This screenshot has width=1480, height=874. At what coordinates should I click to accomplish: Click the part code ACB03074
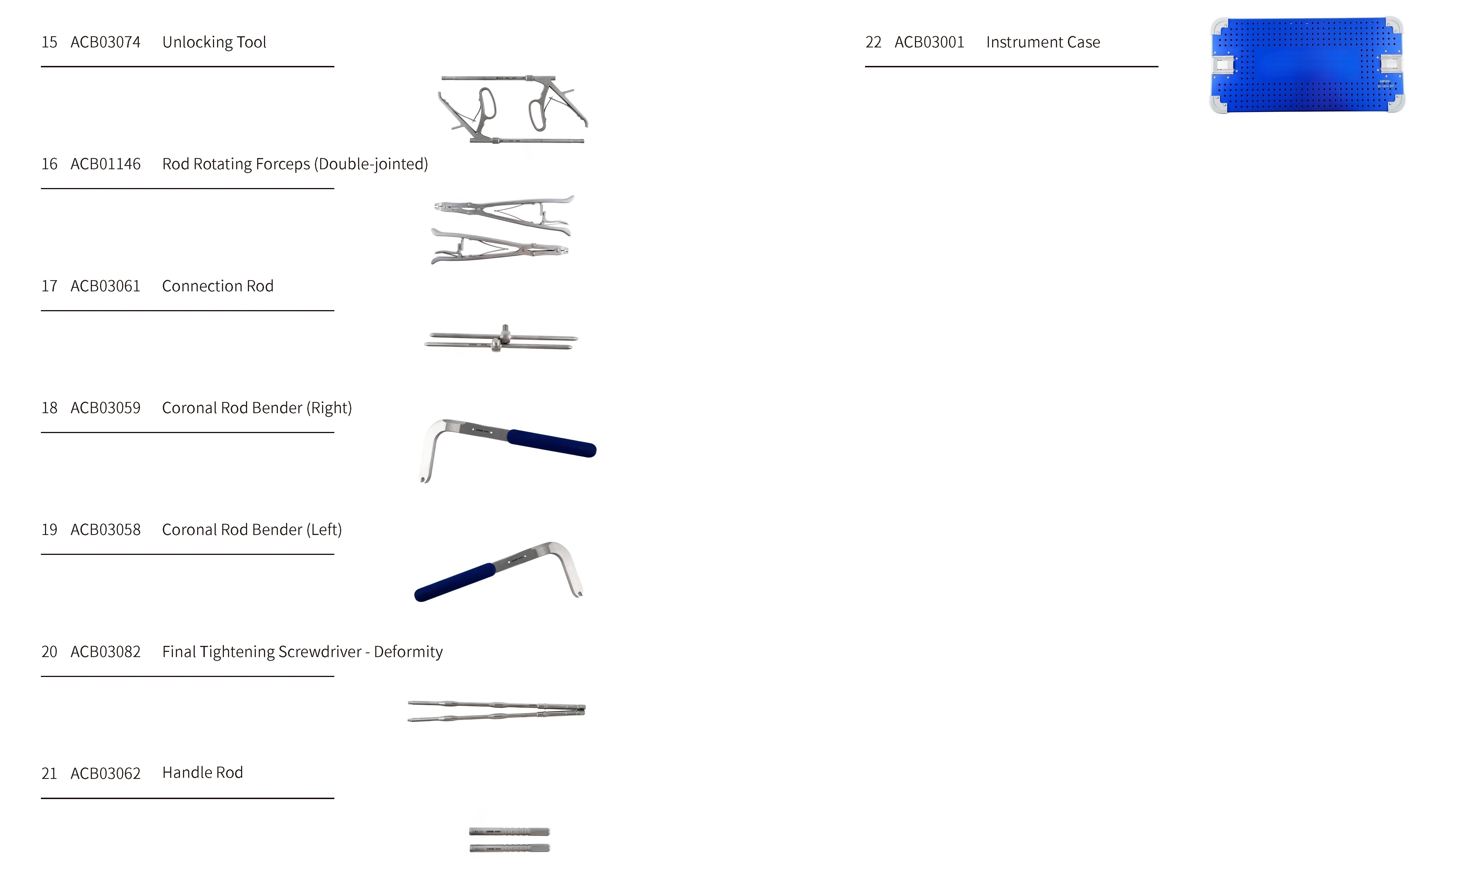[x=106, y=43]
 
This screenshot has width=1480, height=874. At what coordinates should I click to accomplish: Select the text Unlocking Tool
[x=214, y=43]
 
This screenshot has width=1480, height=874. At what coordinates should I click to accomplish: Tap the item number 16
[x=49, y=164]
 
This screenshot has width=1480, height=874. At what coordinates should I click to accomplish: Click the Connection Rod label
[x=217, y=286]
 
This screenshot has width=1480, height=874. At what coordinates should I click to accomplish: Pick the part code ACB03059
[x=106, y=408]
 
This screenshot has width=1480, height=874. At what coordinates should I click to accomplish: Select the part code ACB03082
[x=106, y=652]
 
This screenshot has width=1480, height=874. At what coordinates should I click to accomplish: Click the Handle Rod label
[x=202, y=773]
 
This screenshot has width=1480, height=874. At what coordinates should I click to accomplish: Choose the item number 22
[x=873, y=43]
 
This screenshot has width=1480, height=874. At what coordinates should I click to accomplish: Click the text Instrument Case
[x=1043, y=43]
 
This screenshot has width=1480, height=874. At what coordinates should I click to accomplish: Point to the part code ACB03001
[x=929, y=43]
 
